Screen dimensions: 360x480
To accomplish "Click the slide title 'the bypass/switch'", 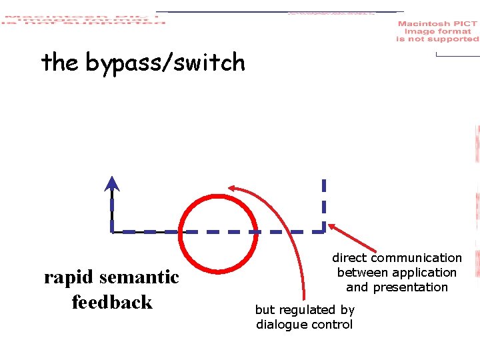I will pyautogui.click(x=143, y=63).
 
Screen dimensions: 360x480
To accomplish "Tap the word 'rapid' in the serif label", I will pyautogui.click(x=65, y=277).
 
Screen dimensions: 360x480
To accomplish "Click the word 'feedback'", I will pyautogui.click(x=112, y=302).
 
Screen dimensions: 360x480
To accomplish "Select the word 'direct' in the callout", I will pyautogui.click(x=349, y=258).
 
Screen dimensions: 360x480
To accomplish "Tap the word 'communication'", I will pyautogui.click(x=416, y=258).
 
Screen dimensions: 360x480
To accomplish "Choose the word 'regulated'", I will pyautogui.click(x=304, y=310).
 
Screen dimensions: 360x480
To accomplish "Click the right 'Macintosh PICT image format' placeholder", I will pyautogui.click(x=437, y=31).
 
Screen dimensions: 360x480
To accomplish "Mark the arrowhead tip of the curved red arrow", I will pyautogui.click(x=229, y=188).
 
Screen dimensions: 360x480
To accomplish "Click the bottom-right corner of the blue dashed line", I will pyautogui.click(x=324, y=231).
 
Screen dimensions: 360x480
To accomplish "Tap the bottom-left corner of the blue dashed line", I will pyautogui.click(x=112, y=231).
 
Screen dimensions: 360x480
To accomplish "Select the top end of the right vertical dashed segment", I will pyautogui.click(x=324, y=180).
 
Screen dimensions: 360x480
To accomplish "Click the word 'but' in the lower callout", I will pyautogui.click(x=265, y=310).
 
